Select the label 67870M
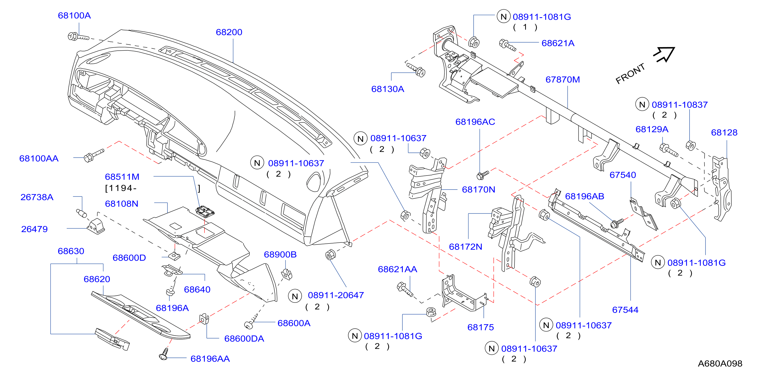[562, 80]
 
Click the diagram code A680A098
[720, 363]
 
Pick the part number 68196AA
[210, 359]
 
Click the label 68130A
[387, 89]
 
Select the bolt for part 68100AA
[94, 155]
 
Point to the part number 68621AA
[397, 269]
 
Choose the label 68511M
[122, 177]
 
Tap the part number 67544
[625, 310]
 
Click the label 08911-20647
[336, 295]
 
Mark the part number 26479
[34, 229]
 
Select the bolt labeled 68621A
[507, 45]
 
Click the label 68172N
[466, 247]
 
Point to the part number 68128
[724, 132]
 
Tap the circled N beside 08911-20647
[295, 296]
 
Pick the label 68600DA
[244, 339]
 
